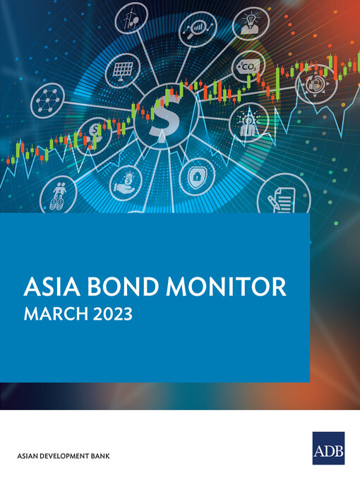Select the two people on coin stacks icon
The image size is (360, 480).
point(57,193)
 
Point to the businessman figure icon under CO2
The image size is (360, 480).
point(248,121)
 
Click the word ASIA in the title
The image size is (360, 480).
point(50,287)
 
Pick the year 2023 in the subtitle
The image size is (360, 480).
point(112,313)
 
